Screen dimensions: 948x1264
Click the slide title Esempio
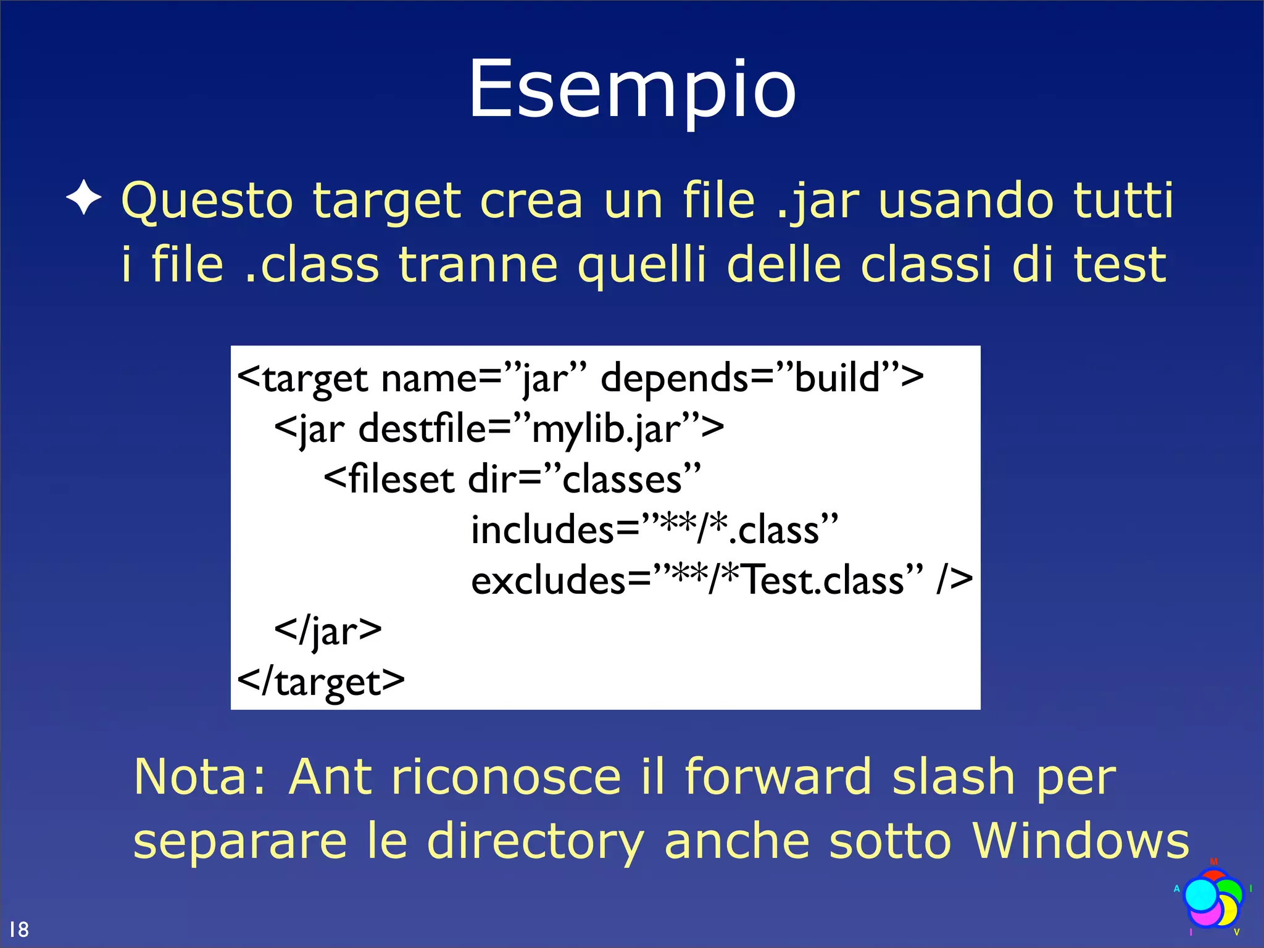coord(632,89)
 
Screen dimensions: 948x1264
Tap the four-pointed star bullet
coord(84,199)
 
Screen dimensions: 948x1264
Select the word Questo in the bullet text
coord(207,201)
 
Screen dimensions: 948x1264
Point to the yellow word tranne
coord(478,264)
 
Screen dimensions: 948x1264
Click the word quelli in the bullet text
coord(641,265)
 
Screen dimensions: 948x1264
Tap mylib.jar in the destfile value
coord(608,428)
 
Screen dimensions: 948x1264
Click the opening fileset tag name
coord(401,479)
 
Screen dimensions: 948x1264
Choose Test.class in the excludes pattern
coord(824,580)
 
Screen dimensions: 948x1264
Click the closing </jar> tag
coord(328,631)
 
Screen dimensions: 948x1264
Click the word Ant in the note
coord(330,776)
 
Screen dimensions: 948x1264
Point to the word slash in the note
coord(954,776)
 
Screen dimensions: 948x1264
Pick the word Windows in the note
coord(1080,841)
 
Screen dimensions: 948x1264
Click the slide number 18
coord(19,929)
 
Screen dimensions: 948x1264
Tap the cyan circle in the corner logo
coord(1201,895)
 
